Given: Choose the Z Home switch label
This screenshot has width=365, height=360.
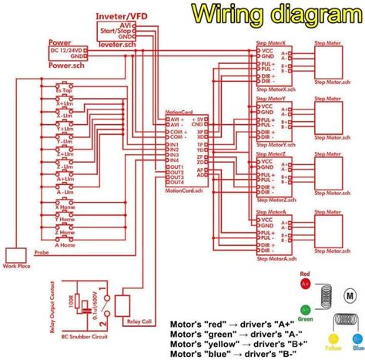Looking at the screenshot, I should click(64, 231).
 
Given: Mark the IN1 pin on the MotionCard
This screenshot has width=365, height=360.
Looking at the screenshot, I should click(175, 144).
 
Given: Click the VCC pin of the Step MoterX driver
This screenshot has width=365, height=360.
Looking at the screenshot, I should click(267, 50).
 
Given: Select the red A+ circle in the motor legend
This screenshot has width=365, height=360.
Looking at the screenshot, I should click(304, 284).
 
